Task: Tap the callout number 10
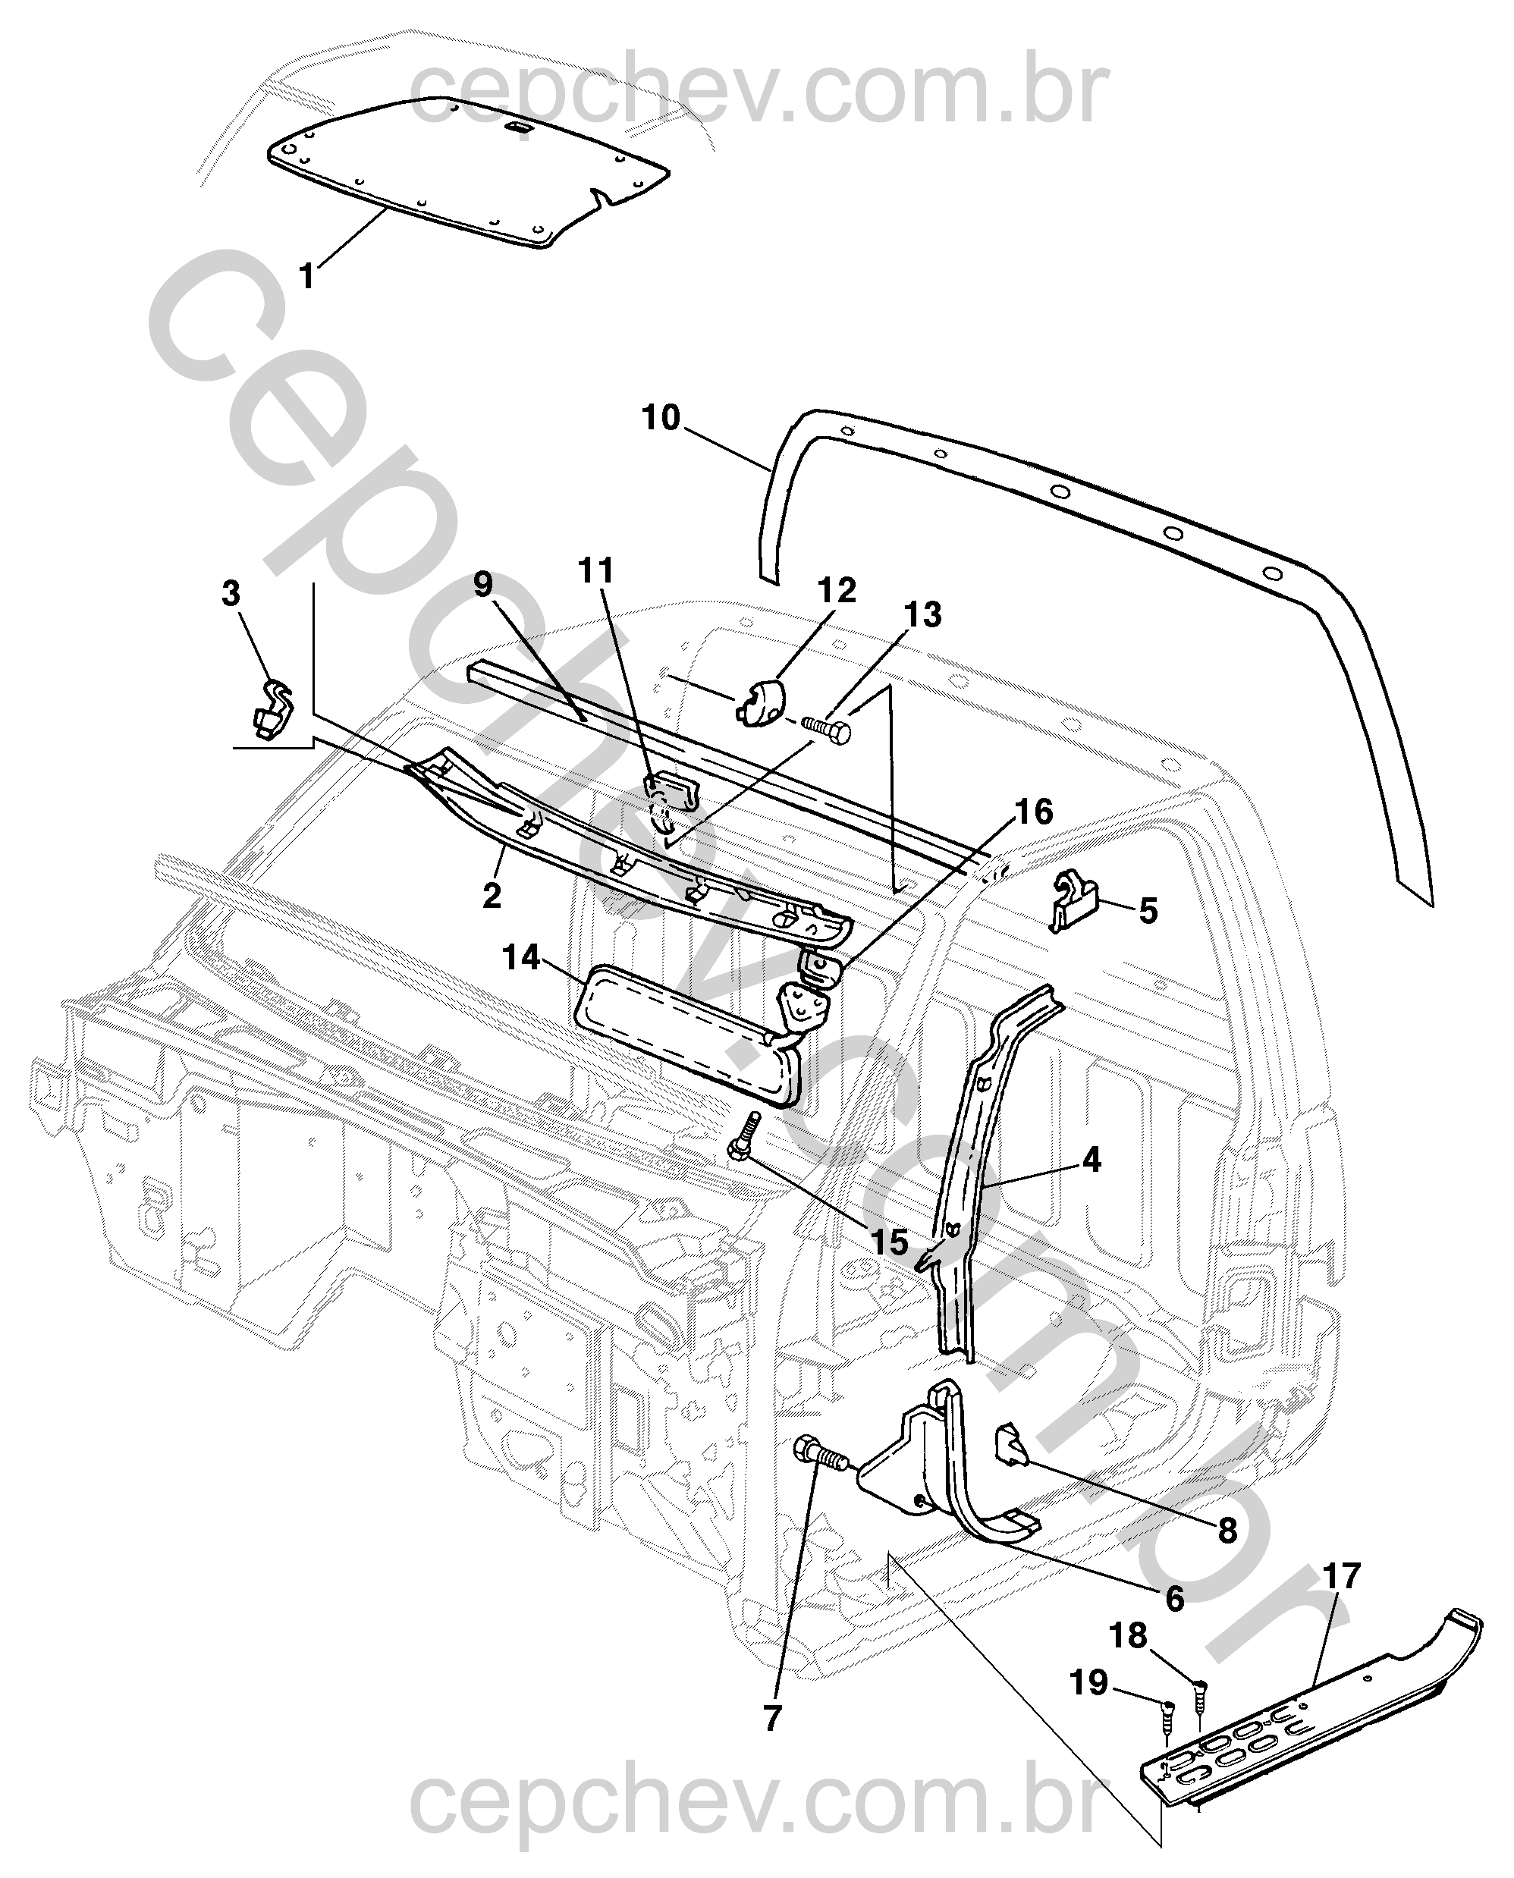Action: [x=660, y=419]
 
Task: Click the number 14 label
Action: [x=523, y=958]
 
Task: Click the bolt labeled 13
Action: [x=828, y=727]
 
